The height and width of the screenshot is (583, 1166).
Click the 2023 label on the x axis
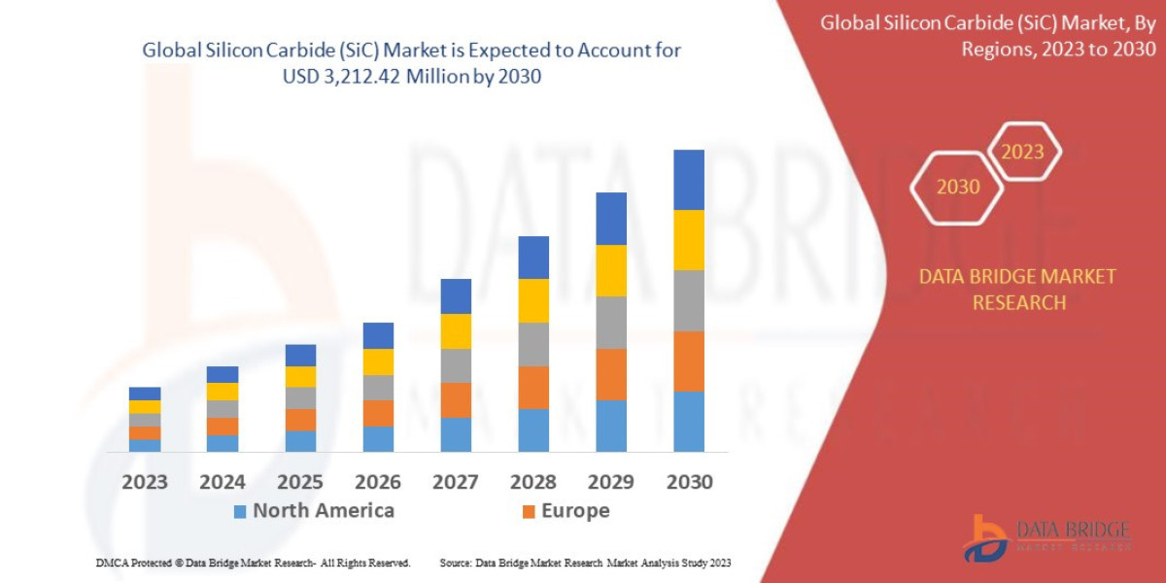145,482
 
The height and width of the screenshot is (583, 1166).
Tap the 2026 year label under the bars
378,482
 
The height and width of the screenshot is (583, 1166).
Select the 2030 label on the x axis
689,482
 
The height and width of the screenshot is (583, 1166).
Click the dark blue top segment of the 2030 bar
689,180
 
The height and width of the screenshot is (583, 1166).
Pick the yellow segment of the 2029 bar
611,270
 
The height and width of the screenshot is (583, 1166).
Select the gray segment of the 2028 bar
533,344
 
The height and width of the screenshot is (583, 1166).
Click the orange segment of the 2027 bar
456,399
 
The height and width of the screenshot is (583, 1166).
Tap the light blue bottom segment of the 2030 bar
689,422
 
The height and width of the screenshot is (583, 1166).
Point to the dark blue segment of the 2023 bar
145,394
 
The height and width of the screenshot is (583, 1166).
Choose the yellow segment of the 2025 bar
300,377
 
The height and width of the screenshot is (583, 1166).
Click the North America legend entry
314,511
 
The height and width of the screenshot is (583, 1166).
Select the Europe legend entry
566,511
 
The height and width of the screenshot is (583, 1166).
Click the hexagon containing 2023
1022,152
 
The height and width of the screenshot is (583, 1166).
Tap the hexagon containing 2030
957,187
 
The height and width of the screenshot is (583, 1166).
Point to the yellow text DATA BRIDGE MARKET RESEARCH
1017,290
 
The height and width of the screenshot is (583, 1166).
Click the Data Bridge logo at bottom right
1046,536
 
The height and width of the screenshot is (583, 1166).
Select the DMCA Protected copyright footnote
253,563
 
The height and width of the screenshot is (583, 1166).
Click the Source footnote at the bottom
585,563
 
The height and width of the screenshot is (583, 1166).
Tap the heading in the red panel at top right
991,36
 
